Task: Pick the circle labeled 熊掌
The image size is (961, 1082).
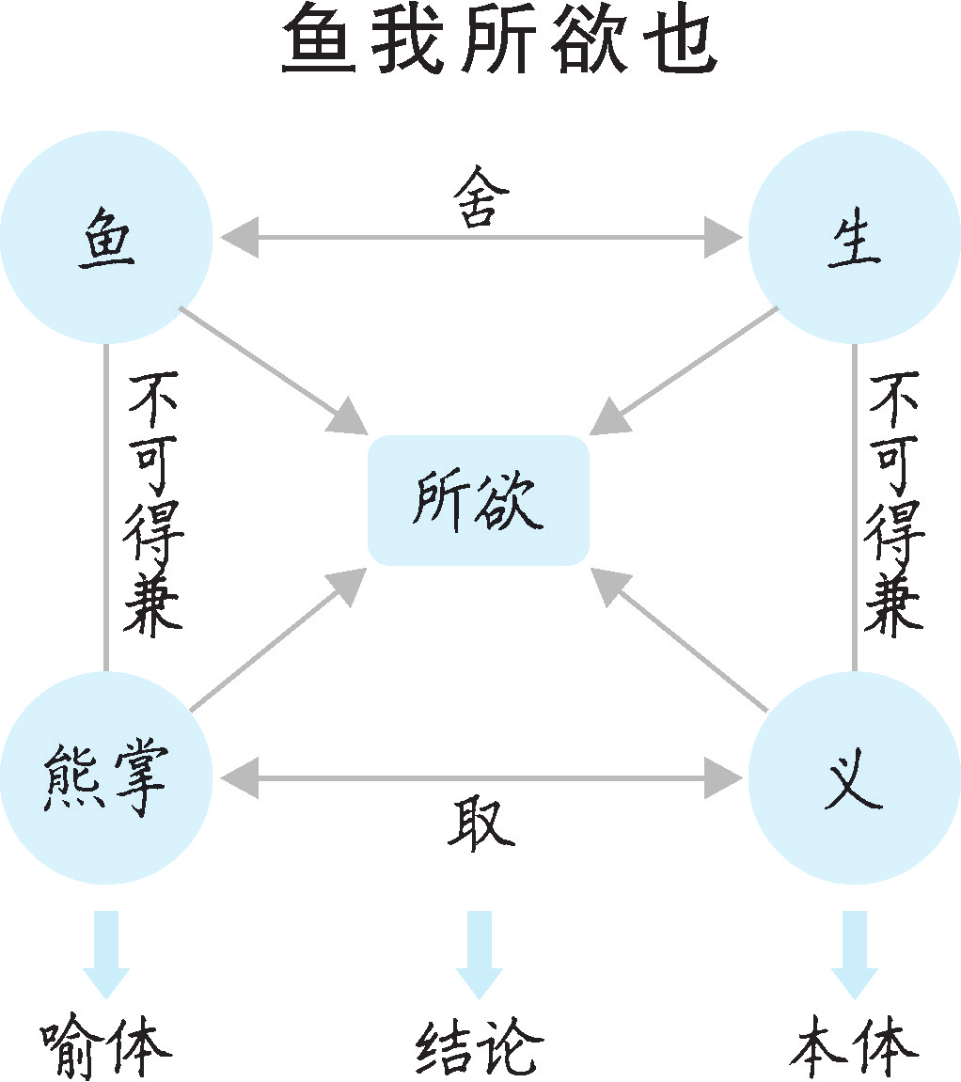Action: (105, 778)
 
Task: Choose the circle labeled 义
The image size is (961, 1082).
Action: (854, 778)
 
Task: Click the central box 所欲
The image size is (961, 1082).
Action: (478, 499)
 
